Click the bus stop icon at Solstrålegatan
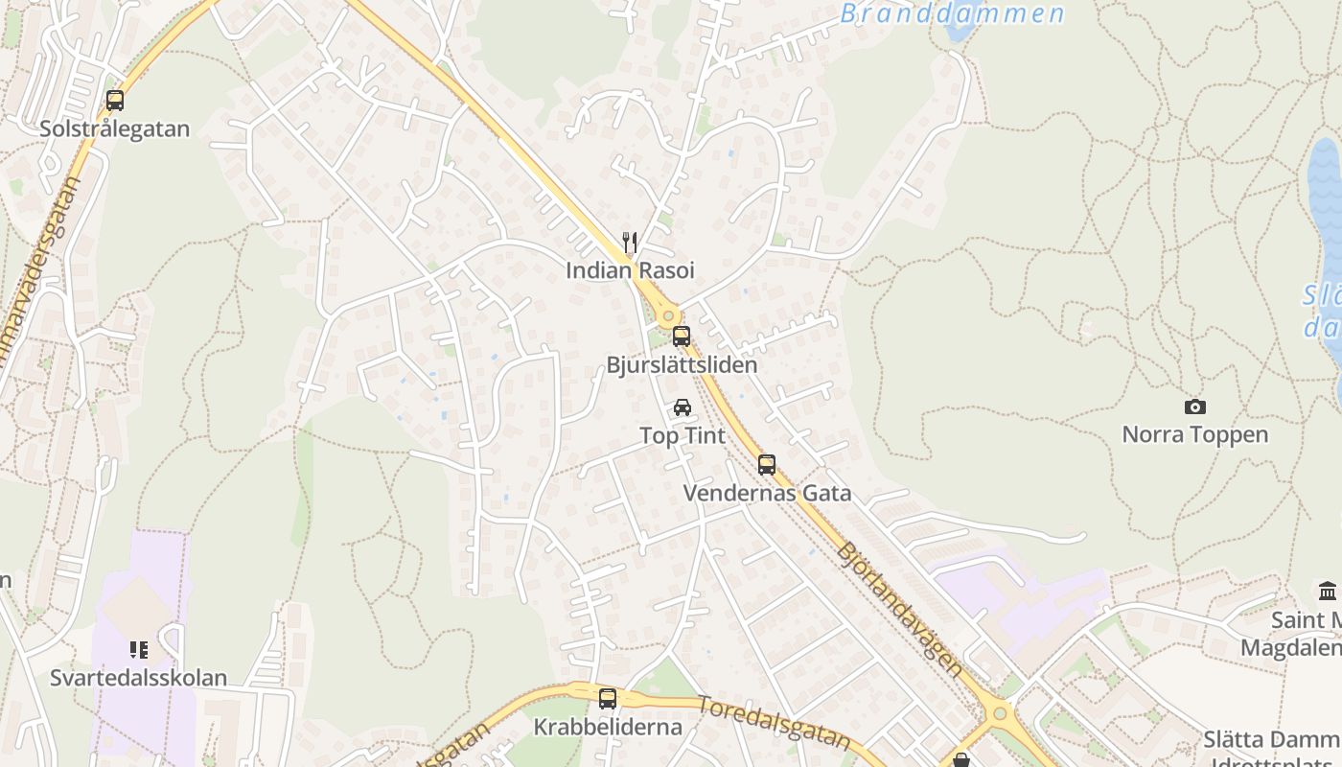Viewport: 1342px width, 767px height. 115,101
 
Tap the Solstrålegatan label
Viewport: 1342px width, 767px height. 115,128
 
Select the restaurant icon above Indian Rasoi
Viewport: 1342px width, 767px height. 630,242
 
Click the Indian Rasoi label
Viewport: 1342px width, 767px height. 630,270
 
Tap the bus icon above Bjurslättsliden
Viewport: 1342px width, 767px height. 682,337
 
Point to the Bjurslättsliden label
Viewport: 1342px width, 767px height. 682,365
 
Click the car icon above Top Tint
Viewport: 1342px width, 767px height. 683,407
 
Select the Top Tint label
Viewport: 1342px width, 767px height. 683,436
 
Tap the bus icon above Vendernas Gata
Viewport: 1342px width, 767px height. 767,465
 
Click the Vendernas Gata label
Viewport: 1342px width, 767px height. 767,494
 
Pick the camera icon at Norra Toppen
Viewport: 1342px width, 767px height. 1194,407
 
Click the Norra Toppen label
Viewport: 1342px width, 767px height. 1194,434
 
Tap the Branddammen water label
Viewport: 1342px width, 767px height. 953,13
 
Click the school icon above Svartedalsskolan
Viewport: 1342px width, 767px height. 139,650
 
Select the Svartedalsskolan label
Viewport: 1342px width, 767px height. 139,678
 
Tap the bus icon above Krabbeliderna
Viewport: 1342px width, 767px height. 608,699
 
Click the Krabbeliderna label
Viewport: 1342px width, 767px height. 608,727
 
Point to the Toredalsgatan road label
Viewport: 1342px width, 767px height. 774,722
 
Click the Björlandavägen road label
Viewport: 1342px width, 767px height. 899,610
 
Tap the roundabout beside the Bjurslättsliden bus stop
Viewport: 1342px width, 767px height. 668,314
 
